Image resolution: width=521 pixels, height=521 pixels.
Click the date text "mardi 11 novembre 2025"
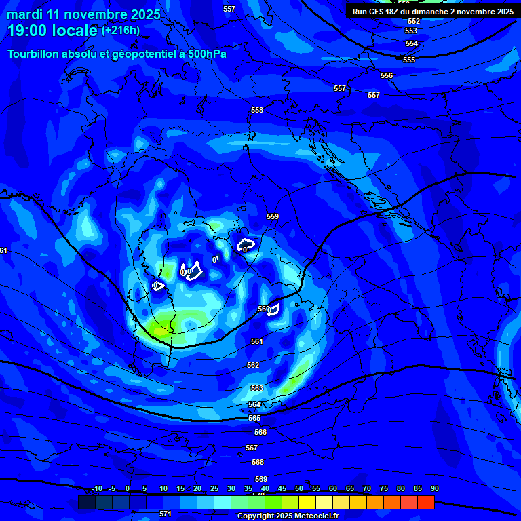coord(84,14)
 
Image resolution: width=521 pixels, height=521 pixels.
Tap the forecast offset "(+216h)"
coord(121,31)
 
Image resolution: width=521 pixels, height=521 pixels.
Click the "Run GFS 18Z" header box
coord(432,12)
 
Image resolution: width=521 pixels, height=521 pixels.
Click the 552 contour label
coord(414,21)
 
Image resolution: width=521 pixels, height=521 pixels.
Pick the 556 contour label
coord(387,75)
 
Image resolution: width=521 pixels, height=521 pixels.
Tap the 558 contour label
coord(257,110)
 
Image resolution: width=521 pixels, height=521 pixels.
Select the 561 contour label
coord(257,341)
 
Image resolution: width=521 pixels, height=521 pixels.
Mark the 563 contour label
coord(257,388)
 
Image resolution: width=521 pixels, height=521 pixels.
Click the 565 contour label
coord(254,418)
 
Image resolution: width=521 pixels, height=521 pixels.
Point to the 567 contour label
coord(252,448)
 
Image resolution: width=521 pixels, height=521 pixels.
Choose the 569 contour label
coord(261,479)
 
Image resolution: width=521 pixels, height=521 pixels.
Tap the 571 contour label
coord(166,514)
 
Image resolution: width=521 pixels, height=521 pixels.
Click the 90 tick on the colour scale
coord(435,488)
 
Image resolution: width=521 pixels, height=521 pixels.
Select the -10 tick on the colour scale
coord(96,488)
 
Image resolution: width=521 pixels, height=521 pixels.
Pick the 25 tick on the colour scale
coord(214,488)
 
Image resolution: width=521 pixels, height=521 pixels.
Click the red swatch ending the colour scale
coord(426,502)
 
